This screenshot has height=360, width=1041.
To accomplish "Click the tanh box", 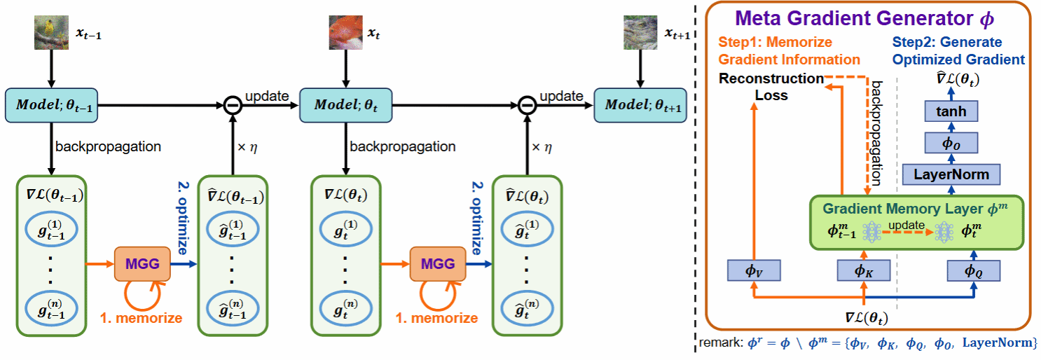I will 950,111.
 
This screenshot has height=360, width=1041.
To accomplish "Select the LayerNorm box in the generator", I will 950,173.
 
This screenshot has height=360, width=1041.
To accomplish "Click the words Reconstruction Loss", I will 771,86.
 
